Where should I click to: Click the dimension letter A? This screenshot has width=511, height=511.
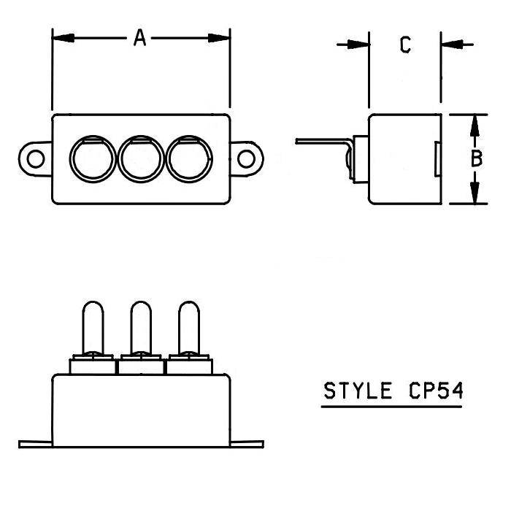coord(139,38)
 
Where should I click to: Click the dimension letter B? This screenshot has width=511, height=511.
coord(476,158)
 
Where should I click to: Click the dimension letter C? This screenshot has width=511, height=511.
coord(405,45)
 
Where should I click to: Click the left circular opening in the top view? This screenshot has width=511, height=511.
coord(91,158)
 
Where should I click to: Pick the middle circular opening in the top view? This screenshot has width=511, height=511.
coord(141,158)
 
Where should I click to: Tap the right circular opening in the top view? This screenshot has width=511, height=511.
coord(190,158)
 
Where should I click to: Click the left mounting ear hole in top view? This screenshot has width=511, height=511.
coord(34,158)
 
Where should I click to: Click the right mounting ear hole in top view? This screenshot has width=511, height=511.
coord(247,158)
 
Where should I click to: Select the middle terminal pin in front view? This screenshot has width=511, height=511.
coord(141,327)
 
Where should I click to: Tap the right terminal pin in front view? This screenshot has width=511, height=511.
coord(189,327)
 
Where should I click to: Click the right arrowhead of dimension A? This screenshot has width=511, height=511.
coord(220,38)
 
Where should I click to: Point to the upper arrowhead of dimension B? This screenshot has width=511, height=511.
coord(475,125)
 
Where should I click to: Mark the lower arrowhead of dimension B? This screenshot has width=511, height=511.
coord(475,193)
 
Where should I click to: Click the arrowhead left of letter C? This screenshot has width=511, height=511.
coord(360,45)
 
